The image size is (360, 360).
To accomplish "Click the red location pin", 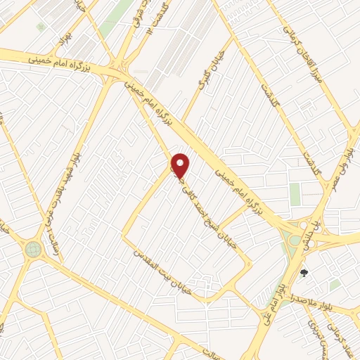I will click(x=181, y=165).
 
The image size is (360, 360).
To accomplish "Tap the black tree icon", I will click(x=304, y=272).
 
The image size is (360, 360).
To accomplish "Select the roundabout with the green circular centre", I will click(x=33, y=249).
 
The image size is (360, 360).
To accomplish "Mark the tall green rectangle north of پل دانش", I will click(x=295, y=194).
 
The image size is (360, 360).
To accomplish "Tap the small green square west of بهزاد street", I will click(x=41, y=27).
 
